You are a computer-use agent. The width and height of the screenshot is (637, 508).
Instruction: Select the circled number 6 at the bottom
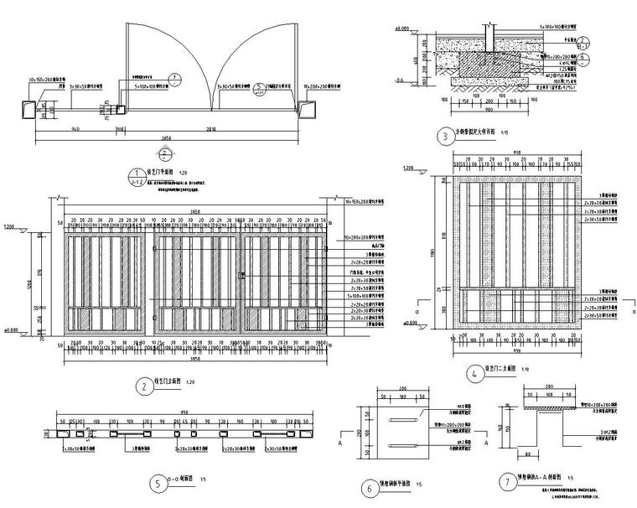pos(369,487)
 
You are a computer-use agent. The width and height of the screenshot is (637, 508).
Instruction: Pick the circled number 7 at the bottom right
pos(506,482)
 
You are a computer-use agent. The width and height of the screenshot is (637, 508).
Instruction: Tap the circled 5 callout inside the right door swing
pos(261,86)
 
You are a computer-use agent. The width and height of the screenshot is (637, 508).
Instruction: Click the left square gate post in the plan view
pos(27,109)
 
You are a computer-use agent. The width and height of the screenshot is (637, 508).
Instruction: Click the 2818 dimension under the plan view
pos(210,130)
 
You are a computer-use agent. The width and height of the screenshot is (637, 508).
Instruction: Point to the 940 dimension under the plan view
pos(75,130)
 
